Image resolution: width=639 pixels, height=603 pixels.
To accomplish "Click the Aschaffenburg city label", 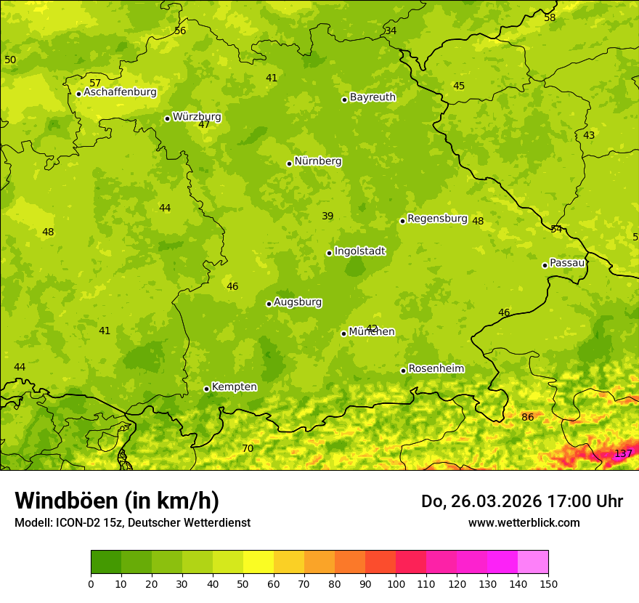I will [120, 92].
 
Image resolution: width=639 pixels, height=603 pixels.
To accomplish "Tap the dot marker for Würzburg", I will [167, 118].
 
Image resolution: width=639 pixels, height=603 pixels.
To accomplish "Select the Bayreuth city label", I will [373, 97].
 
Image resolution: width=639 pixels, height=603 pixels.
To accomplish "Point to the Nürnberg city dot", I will [289, 163].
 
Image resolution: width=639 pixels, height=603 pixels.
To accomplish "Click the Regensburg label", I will [437, 219].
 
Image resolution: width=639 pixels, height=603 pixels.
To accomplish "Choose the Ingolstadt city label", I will [359, 251].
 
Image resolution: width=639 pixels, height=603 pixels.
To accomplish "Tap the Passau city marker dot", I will [545, 265].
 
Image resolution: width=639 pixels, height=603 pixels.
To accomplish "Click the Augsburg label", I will [298, 302].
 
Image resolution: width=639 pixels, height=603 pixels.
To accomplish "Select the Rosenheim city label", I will [436, 369].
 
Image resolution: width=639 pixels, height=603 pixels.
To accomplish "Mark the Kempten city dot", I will [206, 389].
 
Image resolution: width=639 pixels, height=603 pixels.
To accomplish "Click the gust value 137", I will [623, 454].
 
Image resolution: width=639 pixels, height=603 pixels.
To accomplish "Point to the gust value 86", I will [527, 418].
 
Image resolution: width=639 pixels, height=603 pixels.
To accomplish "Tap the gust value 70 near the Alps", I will [248, 449].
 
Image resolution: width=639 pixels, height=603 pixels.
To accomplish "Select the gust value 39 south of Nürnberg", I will [327, 216].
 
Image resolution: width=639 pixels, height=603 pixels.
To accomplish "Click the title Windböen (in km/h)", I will [117, 501].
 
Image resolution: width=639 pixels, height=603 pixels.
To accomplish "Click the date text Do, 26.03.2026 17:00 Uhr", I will [521, 501].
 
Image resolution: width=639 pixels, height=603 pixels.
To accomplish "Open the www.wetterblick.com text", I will [524, 523].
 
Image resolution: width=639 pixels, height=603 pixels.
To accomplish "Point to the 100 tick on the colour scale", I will [396, 583].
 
